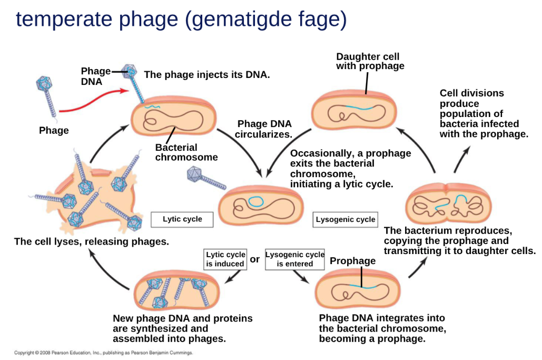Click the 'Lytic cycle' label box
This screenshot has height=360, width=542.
(x=182, y=219)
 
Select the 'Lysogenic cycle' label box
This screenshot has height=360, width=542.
(x=346, y=219)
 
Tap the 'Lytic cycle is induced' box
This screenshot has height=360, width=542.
(x=225, y=259)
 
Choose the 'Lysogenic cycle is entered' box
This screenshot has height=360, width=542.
(x=295, y=259)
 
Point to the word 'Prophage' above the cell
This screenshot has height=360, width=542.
(x=352, y=261)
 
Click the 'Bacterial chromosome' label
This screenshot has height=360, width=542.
(x=186, y=152)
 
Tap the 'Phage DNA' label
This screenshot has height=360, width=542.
(x=95, y=76)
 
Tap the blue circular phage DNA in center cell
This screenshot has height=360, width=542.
(x=257, y=201)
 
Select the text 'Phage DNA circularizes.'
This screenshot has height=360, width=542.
(x=264, y=129)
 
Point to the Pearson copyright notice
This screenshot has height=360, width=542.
(x=103, y=353)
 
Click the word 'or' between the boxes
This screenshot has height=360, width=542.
(x=255, y=259)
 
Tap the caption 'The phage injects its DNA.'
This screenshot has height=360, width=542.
(x=206, y=75)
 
